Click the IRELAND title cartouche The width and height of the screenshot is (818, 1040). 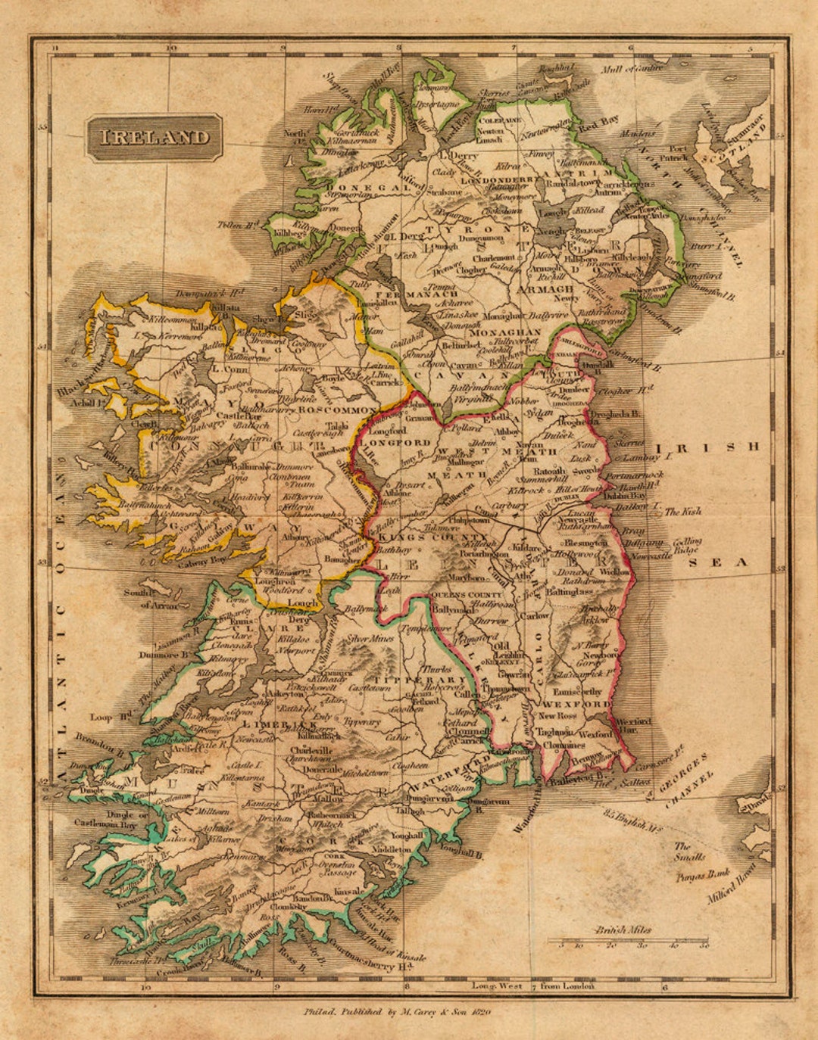155,137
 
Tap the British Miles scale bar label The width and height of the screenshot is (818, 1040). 623,929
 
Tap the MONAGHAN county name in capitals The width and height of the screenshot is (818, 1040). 504,332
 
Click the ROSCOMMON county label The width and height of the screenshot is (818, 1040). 338,409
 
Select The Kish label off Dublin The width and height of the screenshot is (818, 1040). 682,512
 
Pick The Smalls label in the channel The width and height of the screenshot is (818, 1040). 689,852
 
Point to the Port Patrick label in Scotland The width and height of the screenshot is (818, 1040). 677,154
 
